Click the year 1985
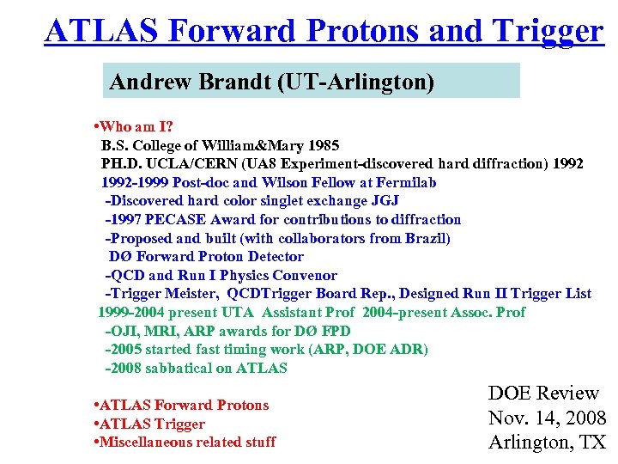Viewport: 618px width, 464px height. point(322,145)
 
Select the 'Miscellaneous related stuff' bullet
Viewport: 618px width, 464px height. point(186,442)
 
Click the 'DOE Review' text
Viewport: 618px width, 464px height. point(542,394)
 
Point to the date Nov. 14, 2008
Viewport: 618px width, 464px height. point(547,418)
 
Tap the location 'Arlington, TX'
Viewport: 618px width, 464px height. point(547,443)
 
